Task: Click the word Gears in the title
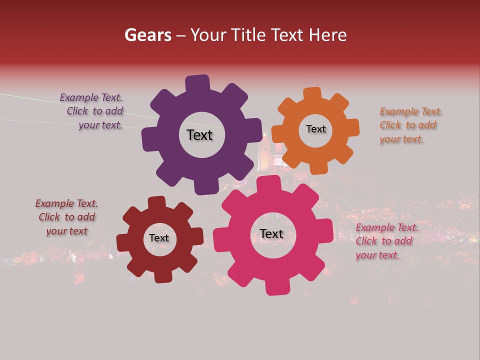click(x=147, y=35)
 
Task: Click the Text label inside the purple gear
click(x=199, y=135)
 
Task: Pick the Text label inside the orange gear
click(x=315, y=129)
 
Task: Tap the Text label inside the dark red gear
click(x=159, y=238)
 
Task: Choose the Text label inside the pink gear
click(x=271, y=233)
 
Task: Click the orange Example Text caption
click(x=410, y=125)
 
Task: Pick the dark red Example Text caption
click(x=66, y=217)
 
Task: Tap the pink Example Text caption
click(x=386, y=241)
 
